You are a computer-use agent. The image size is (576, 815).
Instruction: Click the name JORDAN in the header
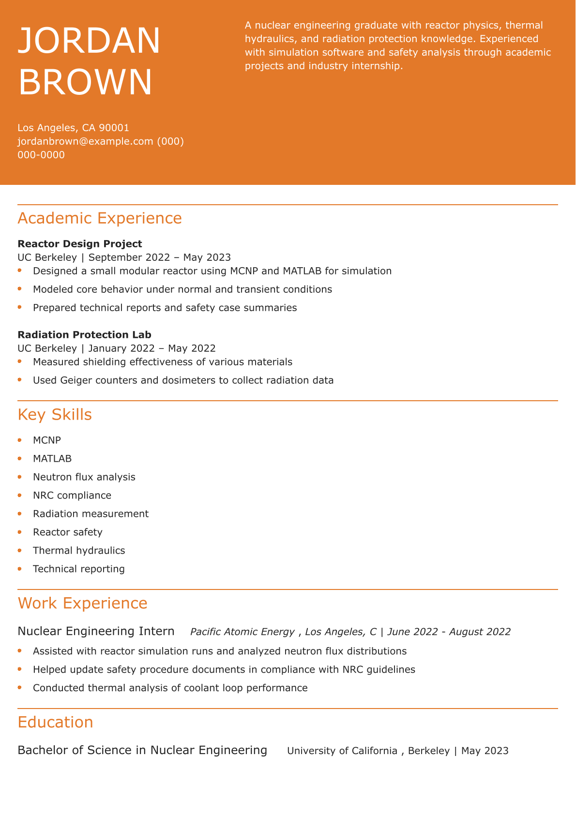point(89,41)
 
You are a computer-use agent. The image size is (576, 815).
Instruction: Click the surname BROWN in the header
point(85,82)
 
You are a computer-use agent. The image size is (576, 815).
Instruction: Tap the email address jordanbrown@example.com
point(85,141)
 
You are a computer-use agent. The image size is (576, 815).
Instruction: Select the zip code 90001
point(114,128)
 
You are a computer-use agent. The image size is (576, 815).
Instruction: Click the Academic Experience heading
point(100,218)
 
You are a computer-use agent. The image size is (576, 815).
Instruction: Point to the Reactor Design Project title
point(80,244)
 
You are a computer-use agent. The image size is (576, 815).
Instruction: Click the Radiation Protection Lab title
point(84,335)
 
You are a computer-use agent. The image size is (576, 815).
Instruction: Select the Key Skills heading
point(55,415)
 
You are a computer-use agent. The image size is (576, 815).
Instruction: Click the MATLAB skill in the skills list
point(52,459)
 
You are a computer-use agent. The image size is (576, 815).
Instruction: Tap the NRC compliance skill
point(72,496)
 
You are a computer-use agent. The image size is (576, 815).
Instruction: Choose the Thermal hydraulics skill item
point(79,551)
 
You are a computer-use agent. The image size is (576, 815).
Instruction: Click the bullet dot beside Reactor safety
point(20,532)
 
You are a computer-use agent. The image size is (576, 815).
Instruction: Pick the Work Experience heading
point(82,604)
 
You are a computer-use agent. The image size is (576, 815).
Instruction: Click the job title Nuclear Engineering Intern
point(96,632)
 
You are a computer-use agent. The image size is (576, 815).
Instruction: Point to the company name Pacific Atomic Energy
point(242,632)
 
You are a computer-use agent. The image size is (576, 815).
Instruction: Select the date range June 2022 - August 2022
point(449,632)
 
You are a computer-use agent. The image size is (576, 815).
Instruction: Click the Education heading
point(55,723)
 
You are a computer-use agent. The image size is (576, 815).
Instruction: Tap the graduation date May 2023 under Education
point(485,751)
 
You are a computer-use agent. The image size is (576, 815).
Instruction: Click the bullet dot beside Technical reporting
point(20,569)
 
